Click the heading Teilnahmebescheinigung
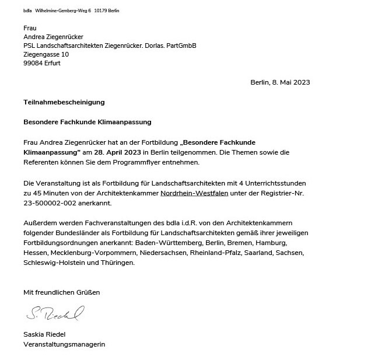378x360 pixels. pos(64,102)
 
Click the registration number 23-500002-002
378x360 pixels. pos(50,202)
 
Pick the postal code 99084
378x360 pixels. pos(33,63)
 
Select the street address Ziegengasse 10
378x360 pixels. pos(46,54)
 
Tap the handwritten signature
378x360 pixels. pos(55,313)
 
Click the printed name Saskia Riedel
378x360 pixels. pos(44,335)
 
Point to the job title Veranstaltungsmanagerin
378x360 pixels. pos(64,344)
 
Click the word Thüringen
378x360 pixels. pos(118,263)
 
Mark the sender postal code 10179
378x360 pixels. pos(101,11)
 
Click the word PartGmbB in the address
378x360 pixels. pos(181,46)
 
